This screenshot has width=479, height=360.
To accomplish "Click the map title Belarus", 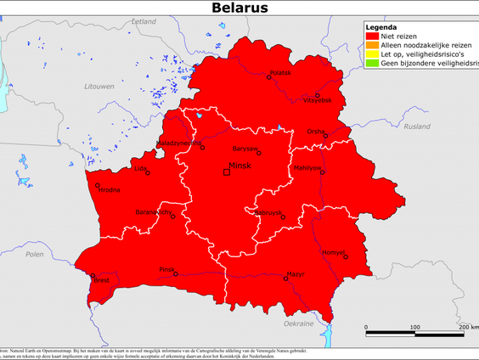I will click(239, 8).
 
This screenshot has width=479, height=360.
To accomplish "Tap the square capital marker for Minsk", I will click(227, 172).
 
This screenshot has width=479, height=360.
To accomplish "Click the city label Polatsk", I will click(279, 73).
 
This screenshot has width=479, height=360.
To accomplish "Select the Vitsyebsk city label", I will click(319, 101).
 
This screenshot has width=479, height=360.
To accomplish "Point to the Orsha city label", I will click(316, 132).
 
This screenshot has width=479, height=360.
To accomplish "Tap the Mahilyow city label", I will click(307, 168).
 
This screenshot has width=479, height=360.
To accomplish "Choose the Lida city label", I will click(140, 168).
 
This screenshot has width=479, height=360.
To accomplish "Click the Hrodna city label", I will click(109, 190).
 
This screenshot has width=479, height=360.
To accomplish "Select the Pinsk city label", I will click(166, 268).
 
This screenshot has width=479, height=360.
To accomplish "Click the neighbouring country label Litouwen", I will click(75, 87).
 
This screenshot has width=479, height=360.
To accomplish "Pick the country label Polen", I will click(34, 254).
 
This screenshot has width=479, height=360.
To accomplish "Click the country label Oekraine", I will click(298, 323).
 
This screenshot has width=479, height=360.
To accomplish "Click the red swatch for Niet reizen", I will click(371, 36).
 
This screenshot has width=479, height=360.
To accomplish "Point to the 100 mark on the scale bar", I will click(414, 327).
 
